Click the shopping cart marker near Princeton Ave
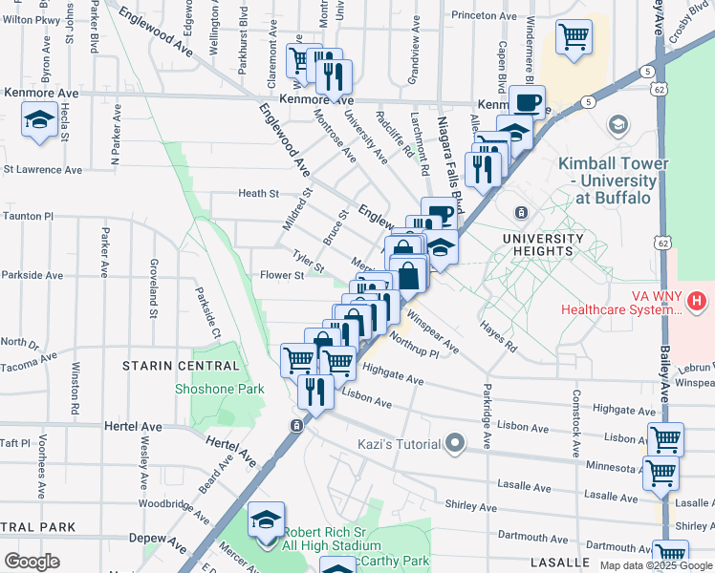[x=574, y=37]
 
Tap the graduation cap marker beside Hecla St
[x=39, y=119]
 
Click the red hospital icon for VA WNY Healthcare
[x=697, y=303]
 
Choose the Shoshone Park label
[x=219, y=389]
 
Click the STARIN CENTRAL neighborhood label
[x=181, y=366]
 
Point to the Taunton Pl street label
[x=27, y=217]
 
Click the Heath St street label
[x=258, y=193]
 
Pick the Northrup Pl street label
[x=413, y=346]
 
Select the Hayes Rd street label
[x=499, y=337]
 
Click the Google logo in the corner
[x=32, y=562]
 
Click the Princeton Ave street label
[x=485, y=15]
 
